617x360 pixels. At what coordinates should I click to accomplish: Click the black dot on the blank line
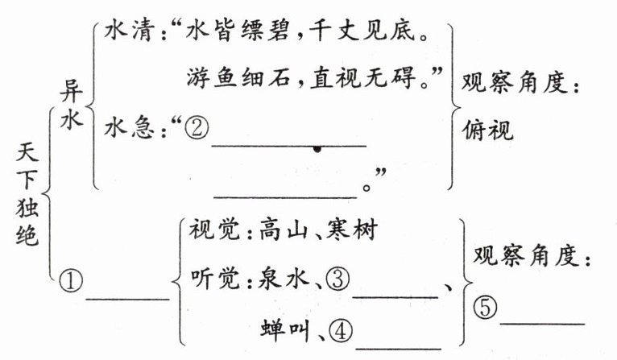tap(319, 149)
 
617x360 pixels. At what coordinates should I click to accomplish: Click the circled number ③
tap(337, 279)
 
